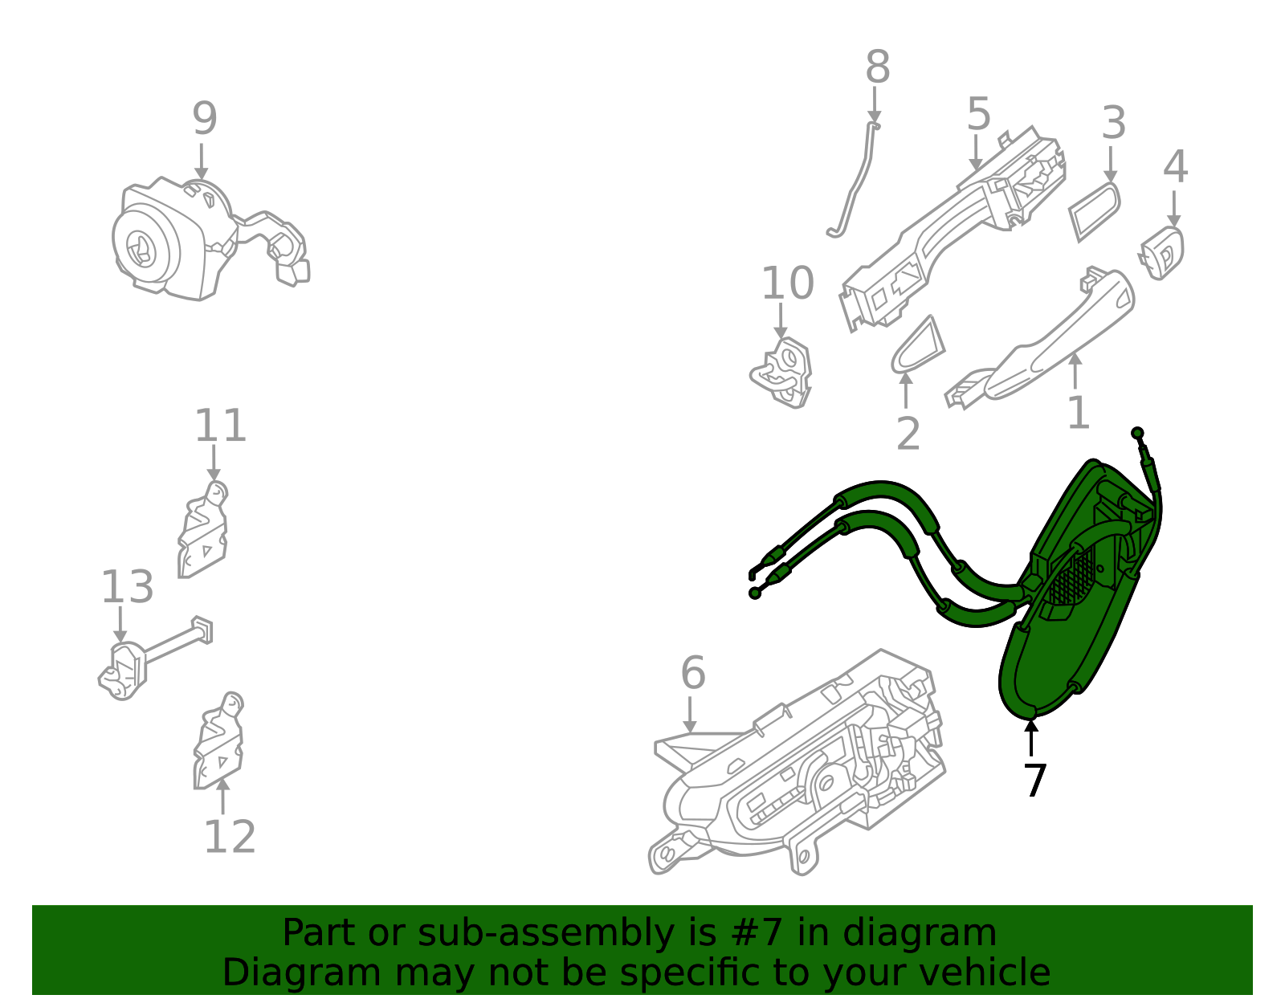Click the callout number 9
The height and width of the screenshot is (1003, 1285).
(204, 120)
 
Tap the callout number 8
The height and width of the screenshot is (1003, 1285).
(877, 67)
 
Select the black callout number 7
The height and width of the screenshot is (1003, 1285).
(1034, 781)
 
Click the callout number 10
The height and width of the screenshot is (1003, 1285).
(787, 283)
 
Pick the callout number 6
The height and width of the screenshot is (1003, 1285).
(692, 673)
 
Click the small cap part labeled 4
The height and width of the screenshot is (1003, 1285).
(1163, 252)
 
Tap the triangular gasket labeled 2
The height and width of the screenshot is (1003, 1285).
(917, 347)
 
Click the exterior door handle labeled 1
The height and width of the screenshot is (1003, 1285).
(1060, 337)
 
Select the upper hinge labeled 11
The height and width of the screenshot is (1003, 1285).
(202, 530)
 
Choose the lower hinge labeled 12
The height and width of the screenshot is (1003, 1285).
(218, 743)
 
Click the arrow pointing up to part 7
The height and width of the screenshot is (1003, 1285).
(1031, 736)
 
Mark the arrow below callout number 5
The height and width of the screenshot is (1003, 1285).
(976, 153)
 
